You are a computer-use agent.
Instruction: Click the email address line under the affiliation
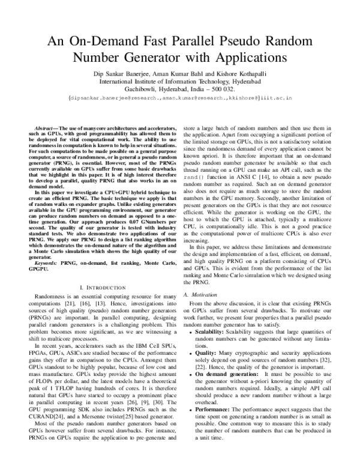click(x=180, y=96)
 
